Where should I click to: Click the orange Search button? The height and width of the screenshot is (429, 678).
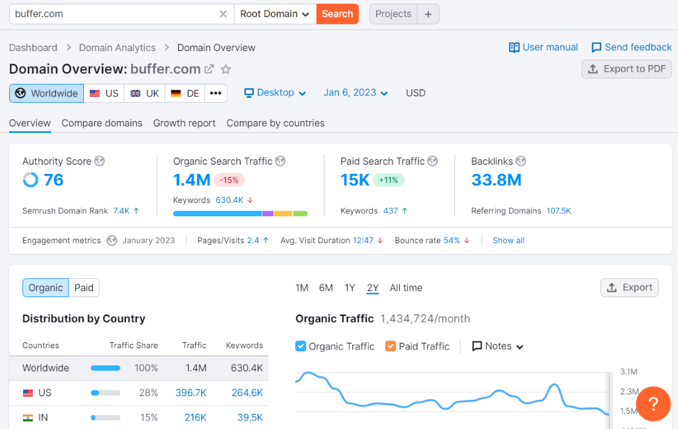[x=337, y=14]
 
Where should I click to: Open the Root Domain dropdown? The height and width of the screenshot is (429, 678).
[x=275, y=14]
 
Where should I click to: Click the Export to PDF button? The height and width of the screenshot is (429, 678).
[x=626, y=69]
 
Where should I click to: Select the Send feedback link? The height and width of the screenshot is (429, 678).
[x=631, y=47]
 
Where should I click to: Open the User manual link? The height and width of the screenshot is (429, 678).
[x=543, y=47]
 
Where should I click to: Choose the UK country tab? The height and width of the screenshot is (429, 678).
[x=145, y=93]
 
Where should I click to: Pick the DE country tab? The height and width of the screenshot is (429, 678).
[x=185, y=93]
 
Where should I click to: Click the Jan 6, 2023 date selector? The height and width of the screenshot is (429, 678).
[x=355, y=92]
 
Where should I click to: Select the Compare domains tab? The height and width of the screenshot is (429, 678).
[x=102, y=123]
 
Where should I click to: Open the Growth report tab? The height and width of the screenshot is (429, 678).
[x=184, y=123]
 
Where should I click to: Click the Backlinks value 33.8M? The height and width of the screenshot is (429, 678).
[x=496, y=180]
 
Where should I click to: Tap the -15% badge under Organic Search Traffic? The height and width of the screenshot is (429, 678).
[x=230, y=180]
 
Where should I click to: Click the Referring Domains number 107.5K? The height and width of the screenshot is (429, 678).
[x=558, y=211]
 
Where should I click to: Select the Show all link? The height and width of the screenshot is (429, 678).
[x=508, y=240]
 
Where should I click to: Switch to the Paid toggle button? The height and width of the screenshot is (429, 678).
[x=84, y=287]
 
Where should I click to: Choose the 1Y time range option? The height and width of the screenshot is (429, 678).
[x=349, y=287]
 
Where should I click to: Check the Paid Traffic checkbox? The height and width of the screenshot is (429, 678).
[x=390, y=346]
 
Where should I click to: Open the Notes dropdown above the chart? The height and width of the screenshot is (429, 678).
[x=498, y=346]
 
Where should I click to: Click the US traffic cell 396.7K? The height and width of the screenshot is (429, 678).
[x=191, y=393]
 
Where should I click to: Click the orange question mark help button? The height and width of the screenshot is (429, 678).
[x=653, y=403]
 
